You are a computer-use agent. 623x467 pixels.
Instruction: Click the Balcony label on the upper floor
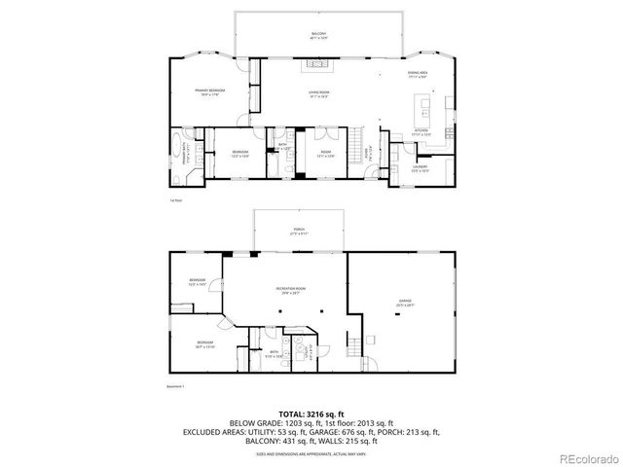coord(318,35)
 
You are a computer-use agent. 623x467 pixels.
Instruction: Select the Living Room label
coord(318,93)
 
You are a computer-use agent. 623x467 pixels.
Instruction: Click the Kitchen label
coord(421,131)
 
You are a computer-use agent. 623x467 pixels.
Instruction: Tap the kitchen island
coord(425,104)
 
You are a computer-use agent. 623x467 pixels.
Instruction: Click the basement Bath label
coord(275,354)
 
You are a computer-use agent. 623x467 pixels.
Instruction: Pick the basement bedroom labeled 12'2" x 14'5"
coord(198,282)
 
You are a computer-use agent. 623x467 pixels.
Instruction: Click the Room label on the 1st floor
coord(326,154)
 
